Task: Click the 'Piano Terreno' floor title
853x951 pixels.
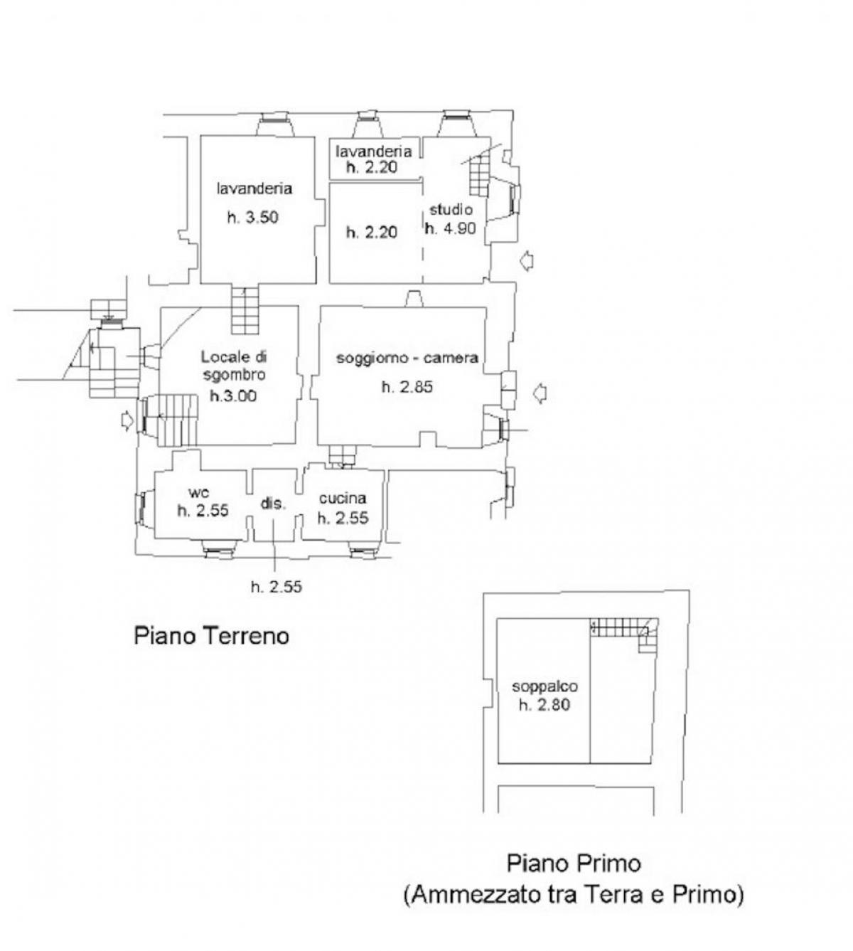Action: (x=211, y=636)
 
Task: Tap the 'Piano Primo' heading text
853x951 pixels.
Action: (x=574, y=863)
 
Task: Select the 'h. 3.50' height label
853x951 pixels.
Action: (x=252, y=218)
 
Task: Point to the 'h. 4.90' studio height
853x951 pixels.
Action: (x=450, y=228)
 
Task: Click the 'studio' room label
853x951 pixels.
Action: (x=451, y=209)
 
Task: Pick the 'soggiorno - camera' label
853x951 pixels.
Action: (x=407, y=358)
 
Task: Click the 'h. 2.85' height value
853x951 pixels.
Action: (x=407, y=387)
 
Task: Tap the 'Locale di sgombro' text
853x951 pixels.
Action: (x=234, y=366)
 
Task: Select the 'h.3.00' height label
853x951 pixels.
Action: (x=233, y=395)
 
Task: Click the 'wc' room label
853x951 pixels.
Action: (x=198, y=492)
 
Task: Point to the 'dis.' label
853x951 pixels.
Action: (x=273, y=504)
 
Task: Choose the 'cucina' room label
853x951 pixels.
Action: (x=343, y=498)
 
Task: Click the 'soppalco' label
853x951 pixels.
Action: (x=544, y=686)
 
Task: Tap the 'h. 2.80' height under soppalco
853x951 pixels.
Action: (x=544, y=705)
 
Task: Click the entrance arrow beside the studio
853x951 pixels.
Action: (x=527, y=260)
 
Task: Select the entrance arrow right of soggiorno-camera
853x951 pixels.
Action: (x=540, y=393)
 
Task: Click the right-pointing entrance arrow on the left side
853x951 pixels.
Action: (x=127, y=420)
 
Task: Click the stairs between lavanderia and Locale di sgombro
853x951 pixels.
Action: (x=245, y=310)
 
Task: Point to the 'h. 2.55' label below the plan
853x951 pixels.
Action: (x=277, y=586)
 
